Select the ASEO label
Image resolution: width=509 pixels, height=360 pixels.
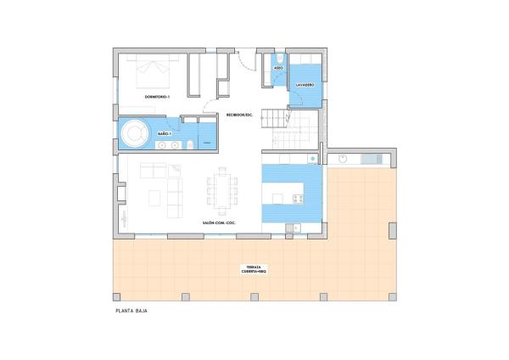coord(278,67)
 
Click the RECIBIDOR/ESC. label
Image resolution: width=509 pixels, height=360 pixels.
coord(240,115)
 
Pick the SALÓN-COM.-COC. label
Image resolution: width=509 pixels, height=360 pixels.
coord(219,222)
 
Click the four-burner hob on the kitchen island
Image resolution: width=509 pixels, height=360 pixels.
coord(298,199)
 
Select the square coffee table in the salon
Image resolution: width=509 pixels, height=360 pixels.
coord(155,197)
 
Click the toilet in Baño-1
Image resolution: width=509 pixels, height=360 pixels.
coord(191,148)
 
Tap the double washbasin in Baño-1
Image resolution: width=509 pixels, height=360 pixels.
coord(166,145)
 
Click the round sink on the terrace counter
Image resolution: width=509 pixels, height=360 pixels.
coord(344,159)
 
